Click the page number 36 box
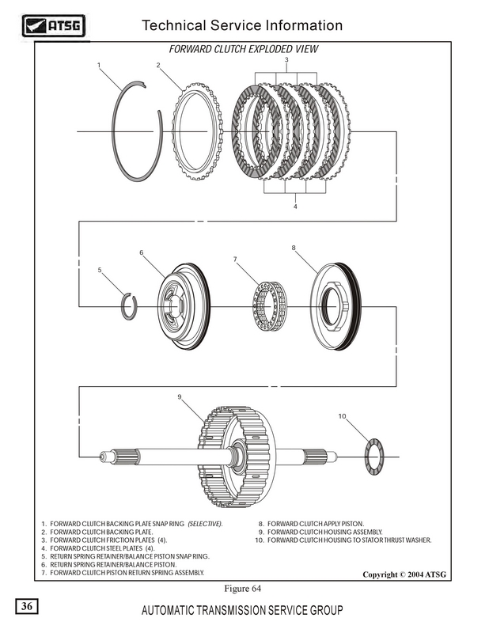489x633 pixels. point(28,607)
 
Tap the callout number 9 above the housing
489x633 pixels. point(180,396)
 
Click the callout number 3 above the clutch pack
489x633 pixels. point(286,60)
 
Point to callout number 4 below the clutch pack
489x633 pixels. point(294,207)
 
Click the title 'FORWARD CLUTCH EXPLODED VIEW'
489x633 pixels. point(243,48)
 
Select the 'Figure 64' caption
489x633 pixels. point(243,588)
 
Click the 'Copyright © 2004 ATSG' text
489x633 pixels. point(405,574)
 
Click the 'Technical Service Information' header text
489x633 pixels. point(241,25)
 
